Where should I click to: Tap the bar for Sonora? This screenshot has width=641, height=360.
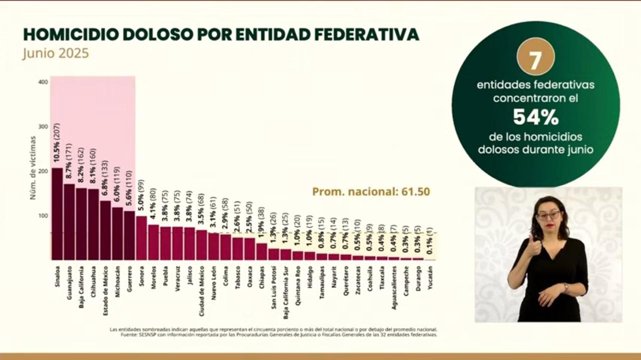pyautogui.click(x=142, y=238)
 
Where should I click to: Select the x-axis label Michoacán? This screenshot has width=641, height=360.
pyautogui.click(x=118, y=281)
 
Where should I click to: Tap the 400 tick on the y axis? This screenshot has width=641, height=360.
pyautogui.click(x=43, y=82)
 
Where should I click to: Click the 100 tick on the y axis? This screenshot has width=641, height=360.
pyautogui.click(x=43, y=216)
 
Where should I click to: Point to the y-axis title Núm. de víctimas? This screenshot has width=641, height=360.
pyautogui.click(x=33, y=168)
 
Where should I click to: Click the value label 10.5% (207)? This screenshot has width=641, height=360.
pyautogui.click(x=57, y=145)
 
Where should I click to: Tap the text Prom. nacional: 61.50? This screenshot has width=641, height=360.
pyautogui.click(x=371, y=192)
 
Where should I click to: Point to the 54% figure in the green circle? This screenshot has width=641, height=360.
pyautogui.click(x=535, y=117)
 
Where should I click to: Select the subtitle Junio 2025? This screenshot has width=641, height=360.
pyautogui.click(x=56, y=53)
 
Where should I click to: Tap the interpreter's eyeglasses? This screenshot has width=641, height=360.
pyautogui.click(x=549, y=215)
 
